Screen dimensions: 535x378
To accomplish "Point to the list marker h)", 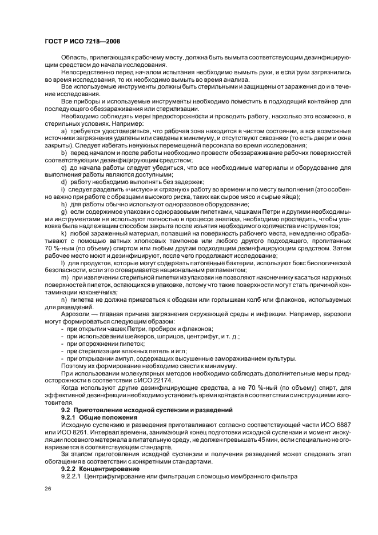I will (x=64, y=203).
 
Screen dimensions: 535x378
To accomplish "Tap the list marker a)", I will (x=64, y=131).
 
